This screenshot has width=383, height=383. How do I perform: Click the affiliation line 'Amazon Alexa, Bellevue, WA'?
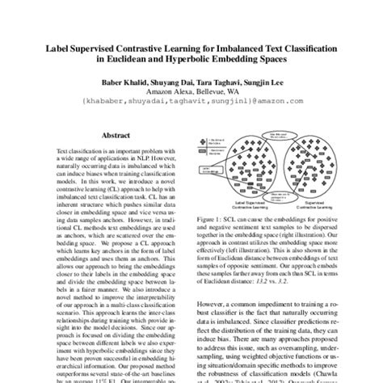(x=191, y=93)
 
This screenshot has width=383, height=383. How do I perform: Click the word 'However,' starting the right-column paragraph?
(x=213, y=307)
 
